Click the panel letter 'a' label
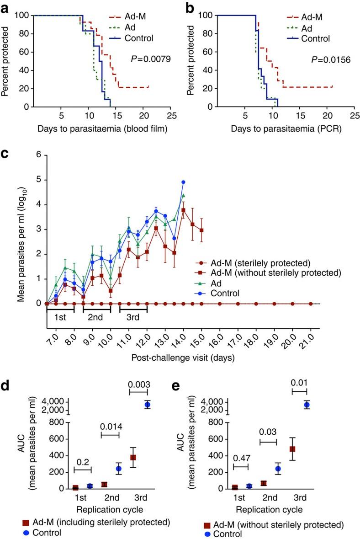click(x=5, y=6)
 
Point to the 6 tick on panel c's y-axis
click(x=38, y=155)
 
